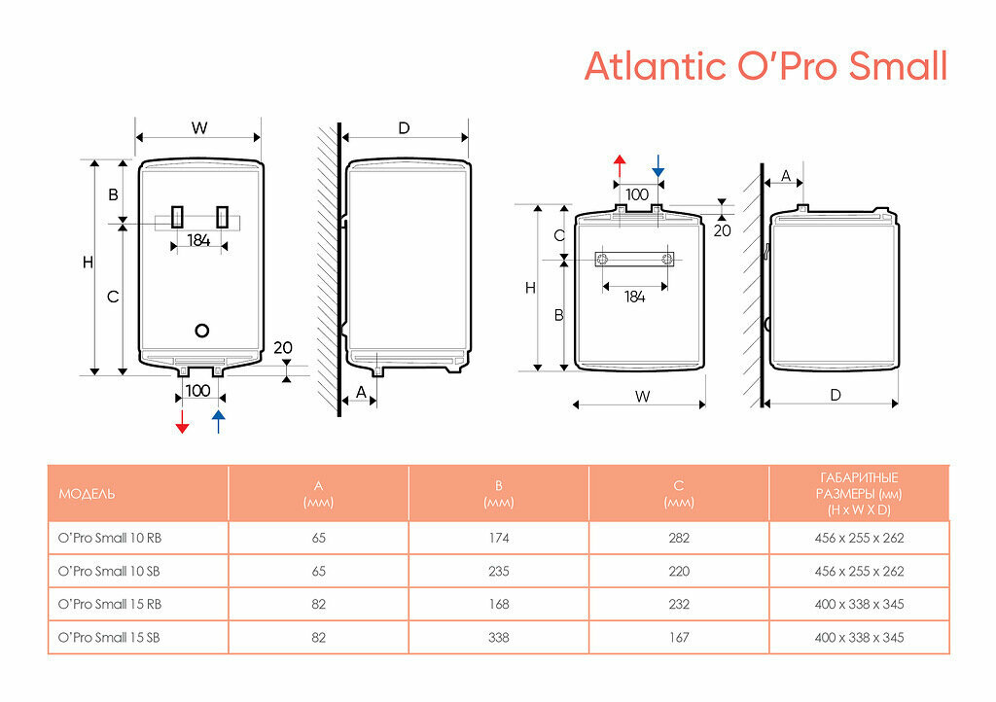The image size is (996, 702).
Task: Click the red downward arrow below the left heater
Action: tap(182, 421)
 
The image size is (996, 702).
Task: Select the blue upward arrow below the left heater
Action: tap(218, 421)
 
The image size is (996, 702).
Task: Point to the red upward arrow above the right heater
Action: tap(620, 164)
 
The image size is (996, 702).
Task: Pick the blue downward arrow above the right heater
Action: tap(658, 164)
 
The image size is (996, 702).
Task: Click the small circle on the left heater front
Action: tap(202, 330)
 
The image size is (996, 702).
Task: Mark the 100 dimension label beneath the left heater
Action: tap(197, 390)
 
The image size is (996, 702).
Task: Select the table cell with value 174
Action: tap(499, 538)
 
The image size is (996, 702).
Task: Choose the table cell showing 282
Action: tap(679, 538)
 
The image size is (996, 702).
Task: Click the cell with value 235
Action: tap(499, 571)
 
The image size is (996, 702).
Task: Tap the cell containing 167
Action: tap(679, 638)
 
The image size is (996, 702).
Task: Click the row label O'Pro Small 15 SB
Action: tap(110, 638)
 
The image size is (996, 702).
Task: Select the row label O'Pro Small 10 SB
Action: tap(110, 571)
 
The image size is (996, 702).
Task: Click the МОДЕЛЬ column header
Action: tap(87, 494)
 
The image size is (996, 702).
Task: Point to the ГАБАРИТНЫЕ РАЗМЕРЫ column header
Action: tap(859, 493)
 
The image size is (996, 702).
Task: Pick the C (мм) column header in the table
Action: tap(679, 493)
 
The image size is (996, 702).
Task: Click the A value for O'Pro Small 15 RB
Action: tap(319, 604)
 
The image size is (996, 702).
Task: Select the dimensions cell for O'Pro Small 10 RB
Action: tap(859, 538)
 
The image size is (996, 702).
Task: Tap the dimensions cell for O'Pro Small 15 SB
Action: tap(859, 638)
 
